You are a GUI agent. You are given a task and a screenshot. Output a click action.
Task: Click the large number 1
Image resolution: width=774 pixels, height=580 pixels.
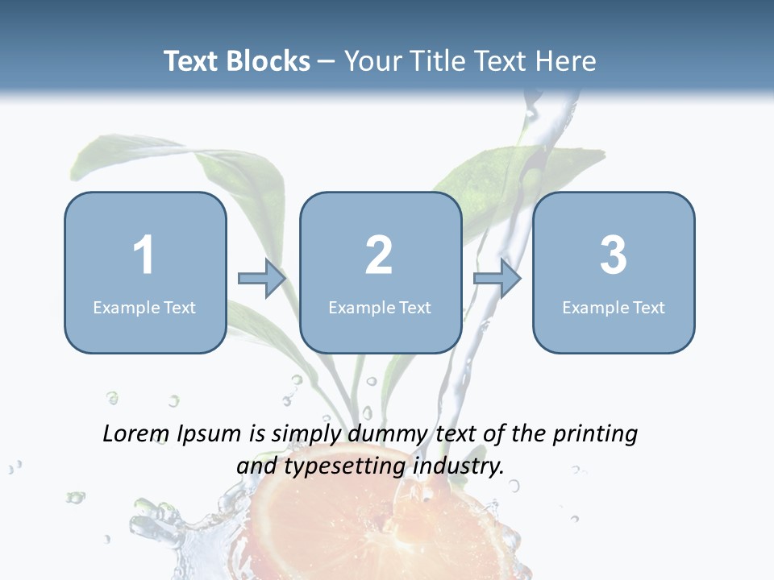(x=144, y=255)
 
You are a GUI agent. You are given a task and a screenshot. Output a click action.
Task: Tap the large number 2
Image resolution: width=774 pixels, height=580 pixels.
(x=379, y=255)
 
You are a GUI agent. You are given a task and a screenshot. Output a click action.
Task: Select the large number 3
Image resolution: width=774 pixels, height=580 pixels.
(x=614, y=255)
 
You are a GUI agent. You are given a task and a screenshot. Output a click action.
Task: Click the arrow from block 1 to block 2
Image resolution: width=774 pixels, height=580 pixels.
(x=262, y=279)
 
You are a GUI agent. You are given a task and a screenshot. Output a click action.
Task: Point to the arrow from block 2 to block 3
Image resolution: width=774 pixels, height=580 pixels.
(x=497, y=279)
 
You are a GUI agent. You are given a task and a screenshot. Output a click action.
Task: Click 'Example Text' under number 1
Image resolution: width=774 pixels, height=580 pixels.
(x=144, y=307)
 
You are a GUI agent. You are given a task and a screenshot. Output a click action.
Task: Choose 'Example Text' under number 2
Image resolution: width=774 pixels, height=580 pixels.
(x=380, y=307)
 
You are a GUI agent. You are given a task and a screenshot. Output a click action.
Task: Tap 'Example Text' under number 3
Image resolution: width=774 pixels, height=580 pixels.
(x=614, y=307)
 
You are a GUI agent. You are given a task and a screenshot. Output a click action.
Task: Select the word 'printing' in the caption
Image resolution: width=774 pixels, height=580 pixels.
(x=595, y=435)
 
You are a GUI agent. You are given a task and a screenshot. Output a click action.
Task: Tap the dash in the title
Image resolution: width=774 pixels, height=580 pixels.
(x=327, y=62)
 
